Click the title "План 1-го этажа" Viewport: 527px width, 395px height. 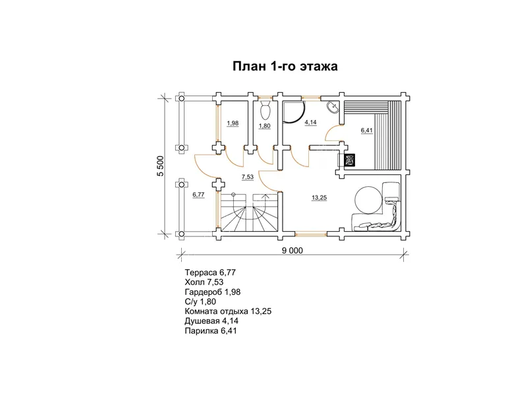(285, 66)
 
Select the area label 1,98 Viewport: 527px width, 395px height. (233, 123)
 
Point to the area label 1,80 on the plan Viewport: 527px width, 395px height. (265, 126)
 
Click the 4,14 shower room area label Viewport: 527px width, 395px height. (310, 122)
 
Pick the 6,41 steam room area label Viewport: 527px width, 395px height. (367, 130)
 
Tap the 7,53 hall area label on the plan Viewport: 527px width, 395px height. (248, 177)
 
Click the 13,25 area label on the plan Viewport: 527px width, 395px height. (319, 198)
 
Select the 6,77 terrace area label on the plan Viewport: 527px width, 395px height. (198, 195)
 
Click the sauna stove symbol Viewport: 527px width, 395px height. (350, 160)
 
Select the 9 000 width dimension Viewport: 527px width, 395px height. (292, 251)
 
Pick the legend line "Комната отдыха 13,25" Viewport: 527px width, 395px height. (228, 311)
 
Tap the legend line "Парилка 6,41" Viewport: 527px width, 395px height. (211, 331)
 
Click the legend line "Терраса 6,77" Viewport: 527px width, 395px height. (210, 273)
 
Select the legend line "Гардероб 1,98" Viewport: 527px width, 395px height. (212, 292)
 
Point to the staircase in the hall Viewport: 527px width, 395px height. (250, 212)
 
